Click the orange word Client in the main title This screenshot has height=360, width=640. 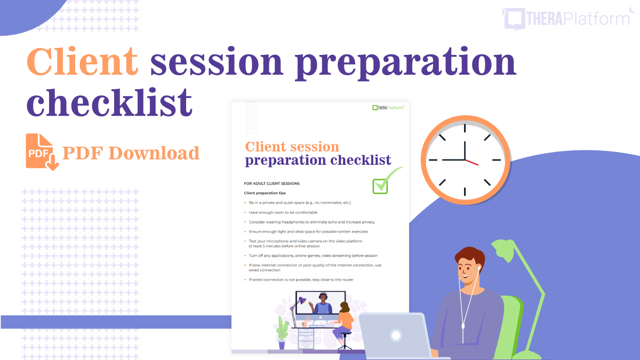[x=83, y=62]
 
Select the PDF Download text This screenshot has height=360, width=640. [x=131, y=153]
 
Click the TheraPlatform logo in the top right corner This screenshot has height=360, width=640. [x=567, y=18]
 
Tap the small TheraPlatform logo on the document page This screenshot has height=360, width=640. [x=388, y=108]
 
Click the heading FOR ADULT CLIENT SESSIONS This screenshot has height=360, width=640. [x=271, y=183]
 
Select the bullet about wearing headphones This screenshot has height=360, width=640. [x=311, y=222]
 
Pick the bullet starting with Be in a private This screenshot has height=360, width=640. [x=299, y=203]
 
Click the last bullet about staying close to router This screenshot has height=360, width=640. [x=301, y=279]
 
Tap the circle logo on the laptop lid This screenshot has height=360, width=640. [x=396, y=335]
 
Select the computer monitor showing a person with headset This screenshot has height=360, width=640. [x=320, y=304]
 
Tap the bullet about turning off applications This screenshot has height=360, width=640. [x=313, y=255]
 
